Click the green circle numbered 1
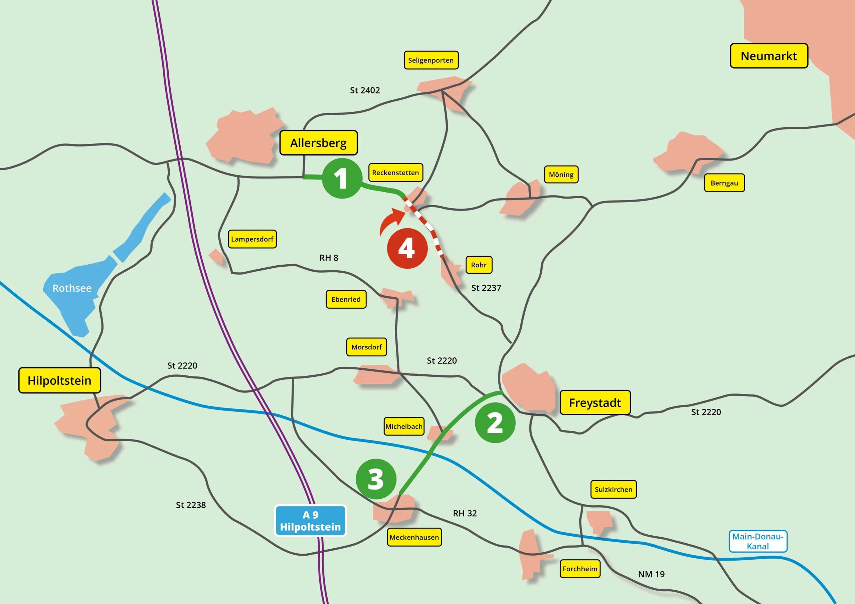342,178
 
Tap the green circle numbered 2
495,423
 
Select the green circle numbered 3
376,479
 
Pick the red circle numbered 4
407,248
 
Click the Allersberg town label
318,143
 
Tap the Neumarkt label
768,56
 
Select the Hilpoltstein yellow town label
59,380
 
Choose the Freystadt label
595,403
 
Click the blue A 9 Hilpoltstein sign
310,521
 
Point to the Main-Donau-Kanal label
758,541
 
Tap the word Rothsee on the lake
72,288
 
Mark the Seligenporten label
431,60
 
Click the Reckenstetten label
395,173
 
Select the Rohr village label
479,265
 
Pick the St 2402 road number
365,90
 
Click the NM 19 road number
651,574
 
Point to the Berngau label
724,183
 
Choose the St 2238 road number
191,505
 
